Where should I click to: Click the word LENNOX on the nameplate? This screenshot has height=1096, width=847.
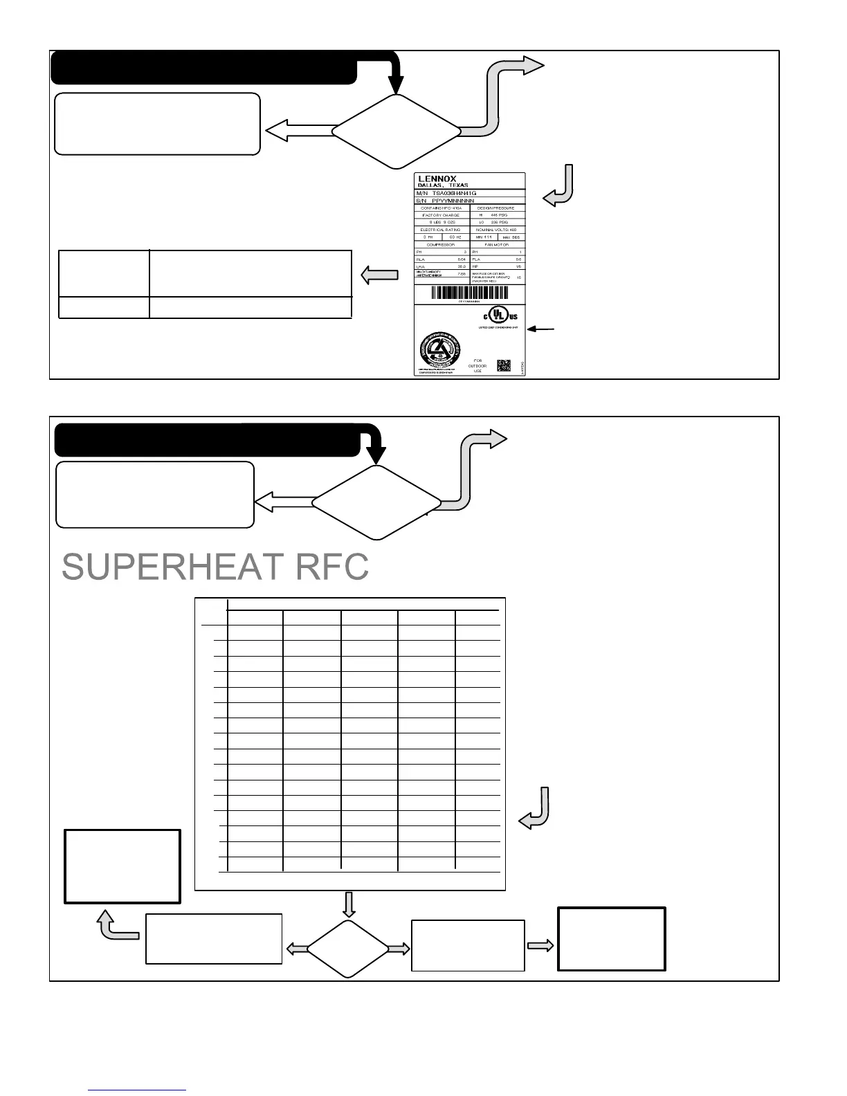[x=437, y=179]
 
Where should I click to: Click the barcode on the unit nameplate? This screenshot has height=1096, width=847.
[x=470, y=292]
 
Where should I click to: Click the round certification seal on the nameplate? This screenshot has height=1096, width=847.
[x=440, y=352]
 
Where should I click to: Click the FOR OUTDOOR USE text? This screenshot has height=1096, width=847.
[x=477, y=365]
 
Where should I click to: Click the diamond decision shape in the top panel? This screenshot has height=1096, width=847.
[x=397, y=131]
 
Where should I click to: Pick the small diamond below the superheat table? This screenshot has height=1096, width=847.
[x=347, y=949]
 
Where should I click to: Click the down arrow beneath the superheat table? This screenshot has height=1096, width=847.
[x=348, y=904]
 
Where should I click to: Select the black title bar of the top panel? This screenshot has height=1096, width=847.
[x=205, y=67]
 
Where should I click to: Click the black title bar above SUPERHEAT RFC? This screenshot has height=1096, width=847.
[x=207, y=441]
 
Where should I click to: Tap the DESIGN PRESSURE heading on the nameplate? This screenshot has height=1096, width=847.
[x=497, y=208]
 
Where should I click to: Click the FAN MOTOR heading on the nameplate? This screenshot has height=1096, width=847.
[x=497, y=244]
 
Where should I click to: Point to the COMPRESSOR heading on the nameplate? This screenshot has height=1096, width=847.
[x=441, y=244]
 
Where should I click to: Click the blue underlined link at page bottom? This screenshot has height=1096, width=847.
[x=138, y=1090]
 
